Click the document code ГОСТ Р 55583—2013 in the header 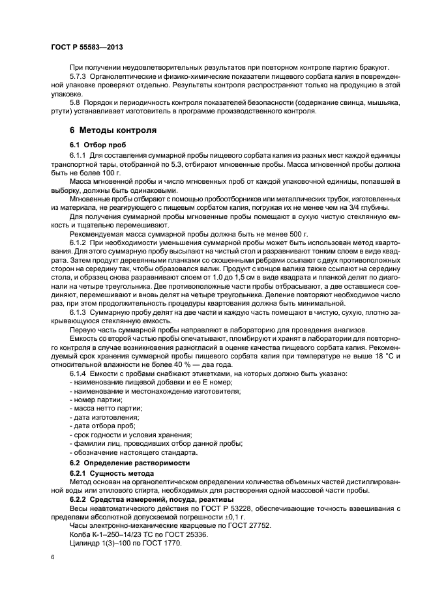87,48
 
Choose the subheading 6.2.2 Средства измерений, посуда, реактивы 145,499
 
